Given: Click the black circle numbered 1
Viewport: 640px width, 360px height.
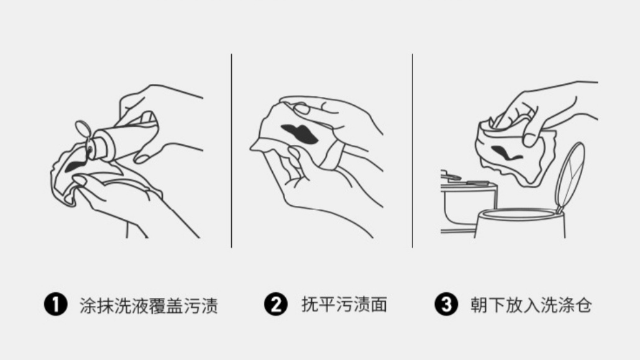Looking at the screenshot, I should (x=55, y=305).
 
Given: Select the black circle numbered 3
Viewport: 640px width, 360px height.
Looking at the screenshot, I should (x=446, y=305).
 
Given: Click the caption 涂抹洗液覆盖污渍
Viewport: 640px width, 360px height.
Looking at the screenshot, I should (x=149, y=305).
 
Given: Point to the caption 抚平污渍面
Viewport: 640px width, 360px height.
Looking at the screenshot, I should (x=344, y=305).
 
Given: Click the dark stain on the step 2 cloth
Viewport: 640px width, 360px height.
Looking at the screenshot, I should (x=299, y=132).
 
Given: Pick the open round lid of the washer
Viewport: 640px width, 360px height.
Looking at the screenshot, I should (x=570, y=175).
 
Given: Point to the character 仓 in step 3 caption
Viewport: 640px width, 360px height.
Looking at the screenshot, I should (x=583, y=305).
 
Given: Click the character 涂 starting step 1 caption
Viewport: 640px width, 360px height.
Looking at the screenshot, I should (x=88, y=305).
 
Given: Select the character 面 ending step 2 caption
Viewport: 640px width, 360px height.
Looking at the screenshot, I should (x=380, y=305).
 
